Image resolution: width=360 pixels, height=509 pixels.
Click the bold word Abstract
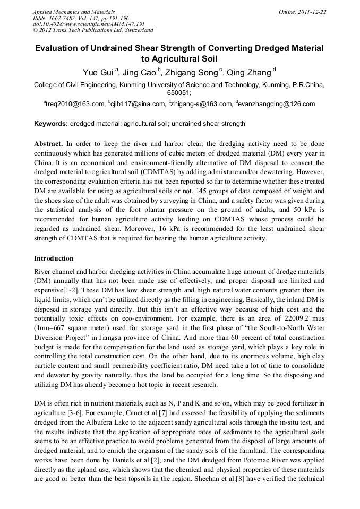[48, 144]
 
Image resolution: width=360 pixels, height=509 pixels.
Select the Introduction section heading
[54, 258]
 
